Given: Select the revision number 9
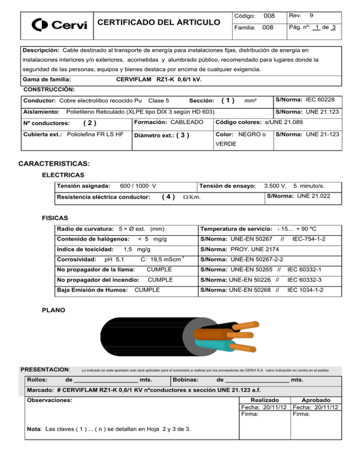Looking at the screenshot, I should tap(310, 15).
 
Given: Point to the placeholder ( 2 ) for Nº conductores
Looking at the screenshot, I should tap(90, 124).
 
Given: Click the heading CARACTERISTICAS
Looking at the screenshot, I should tap(53, 165).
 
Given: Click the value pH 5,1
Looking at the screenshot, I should tap(114, 259).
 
